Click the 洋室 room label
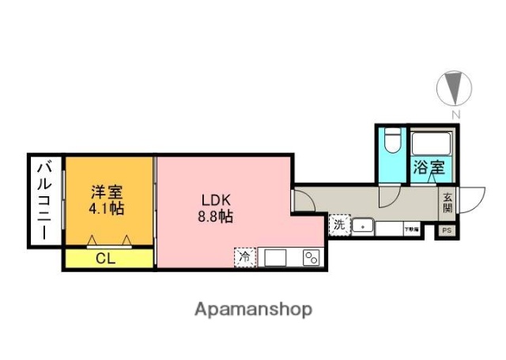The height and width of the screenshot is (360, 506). (108, 191)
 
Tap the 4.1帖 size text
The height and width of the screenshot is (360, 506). (108, 209)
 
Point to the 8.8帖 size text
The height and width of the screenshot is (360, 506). (215, 216)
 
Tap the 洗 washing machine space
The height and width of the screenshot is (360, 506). (339, 225)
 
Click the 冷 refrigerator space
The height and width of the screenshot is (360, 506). (245, 256)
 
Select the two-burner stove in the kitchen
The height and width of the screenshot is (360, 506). (310, 257)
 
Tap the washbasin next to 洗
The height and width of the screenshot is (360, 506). (362, 226)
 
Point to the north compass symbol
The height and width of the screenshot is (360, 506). (454, 88)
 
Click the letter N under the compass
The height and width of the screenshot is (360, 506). (455, 115)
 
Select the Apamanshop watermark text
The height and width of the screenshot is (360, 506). (252, 309)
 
